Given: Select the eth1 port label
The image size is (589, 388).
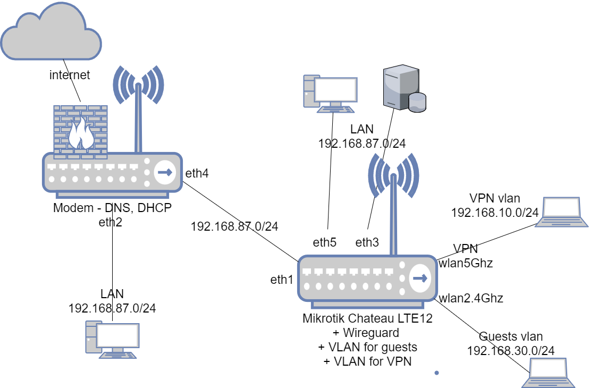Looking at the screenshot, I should [281, 280].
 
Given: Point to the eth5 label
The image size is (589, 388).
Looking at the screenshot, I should [324, 243].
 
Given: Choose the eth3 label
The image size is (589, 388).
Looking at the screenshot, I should [367, 243].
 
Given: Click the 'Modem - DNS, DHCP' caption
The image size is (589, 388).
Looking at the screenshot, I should [112, 208].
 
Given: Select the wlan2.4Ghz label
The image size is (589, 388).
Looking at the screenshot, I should [470, 298].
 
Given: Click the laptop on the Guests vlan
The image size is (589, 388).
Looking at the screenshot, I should [549, 373].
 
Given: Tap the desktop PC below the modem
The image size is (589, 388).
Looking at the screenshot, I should [112, 339].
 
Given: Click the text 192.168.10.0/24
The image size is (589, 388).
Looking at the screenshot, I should [494, 213].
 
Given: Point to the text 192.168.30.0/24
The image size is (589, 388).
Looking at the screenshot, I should [510, 350].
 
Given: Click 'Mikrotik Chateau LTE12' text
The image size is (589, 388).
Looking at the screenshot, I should [367, 319].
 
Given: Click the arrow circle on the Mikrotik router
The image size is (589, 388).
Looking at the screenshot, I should [420, 279].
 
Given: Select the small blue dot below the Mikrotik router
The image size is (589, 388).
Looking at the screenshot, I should [436, 373].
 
